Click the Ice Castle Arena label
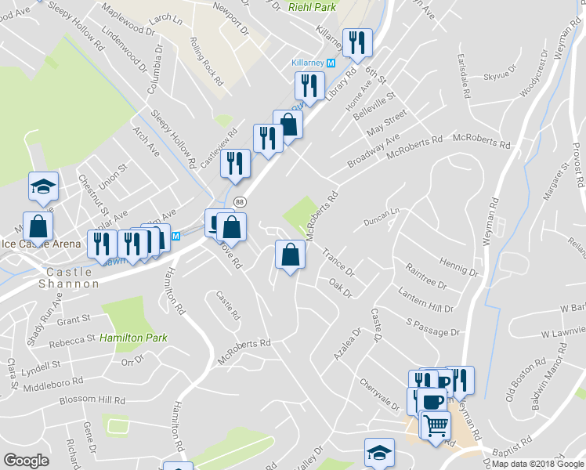[41, 244]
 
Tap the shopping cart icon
[436, 425]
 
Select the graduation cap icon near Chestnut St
[43, 186]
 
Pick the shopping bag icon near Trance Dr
[290, 255]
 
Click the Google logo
[25, 461]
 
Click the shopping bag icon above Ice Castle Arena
[38, 226]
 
